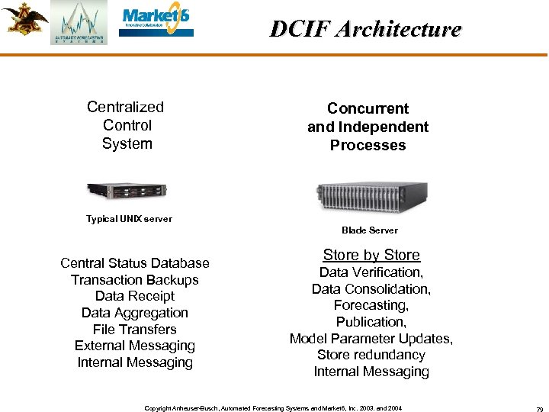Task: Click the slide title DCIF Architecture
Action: [x=365, y=29]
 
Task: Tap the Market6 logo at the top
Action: [x=156, y=23]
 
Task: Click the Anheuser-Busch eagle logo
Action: [x=24, y=20]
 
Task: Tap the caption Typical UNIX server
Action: [x=129, y=219]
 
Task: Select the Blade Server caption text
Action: [x=370, y=230]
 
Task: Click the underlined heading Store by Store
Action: [x=371, y=255]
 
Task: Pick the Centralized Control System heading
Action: [x=126, y=125]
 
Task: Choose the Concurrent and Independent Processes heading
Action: [x=368, y=127]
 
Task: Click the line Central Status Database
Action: [x=135, y=263]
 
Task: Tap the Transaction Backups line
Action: [x=135, y=280]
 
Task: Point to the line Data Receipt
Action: [x=135, y=296]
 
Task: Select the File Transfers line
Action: [x=135, y=330]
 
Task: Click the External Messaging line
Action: [x=135, y=346]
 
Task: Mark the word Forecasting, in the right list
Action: [x=371, y=305]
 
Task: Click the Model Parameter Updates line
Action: [x=371, y=339]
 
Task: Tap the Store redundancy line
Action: [x=371, y=355]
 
